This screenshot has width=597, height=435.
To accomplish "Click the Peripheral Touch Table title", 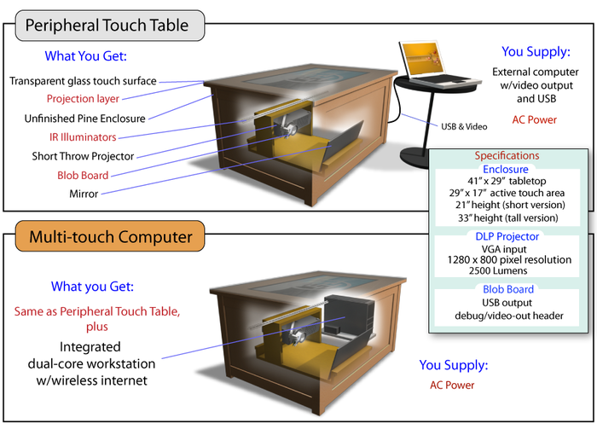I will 106,26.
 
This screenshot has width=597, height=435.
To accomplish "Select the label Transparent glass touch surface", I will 83,81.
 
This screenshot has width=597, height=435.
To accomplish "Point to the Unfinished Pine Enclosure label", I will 84,119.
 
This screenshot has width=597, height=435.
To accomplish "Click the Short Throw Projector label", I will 84,157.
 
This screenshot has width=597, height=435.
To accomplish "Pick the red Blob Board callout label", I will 82,176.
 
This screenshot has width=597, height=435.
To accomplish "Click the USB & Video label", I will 464,126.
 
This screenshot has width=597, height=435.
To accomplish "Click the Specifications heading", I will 507,156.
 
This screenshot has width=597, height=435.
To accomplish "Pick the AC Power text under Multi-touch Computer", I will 451,386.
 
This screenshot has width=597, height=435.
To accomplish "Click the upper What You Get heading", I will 84,57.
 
